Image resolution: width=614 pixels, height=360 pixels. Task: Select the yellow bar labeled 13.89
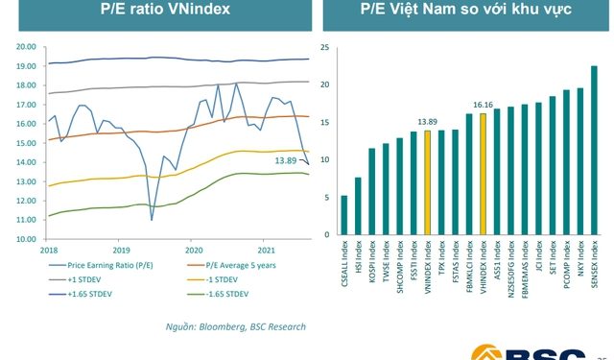click(x=427, y=182)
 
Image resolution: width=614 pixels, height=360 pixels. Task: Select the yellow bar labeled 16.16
click(x=483, y=174)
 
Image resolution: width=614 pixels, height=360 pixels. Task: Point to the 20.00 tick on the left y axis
click(x=26, y=46)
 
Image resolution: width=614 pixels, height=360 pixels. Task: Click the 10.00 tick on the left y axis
click(x=26, y=239)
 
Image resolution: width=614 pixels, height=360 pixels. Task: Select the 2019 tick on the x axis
click(x=119, y=249)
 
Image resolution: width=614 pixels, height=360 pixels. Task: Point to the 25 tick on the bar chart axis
click(x=324, y=47)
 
